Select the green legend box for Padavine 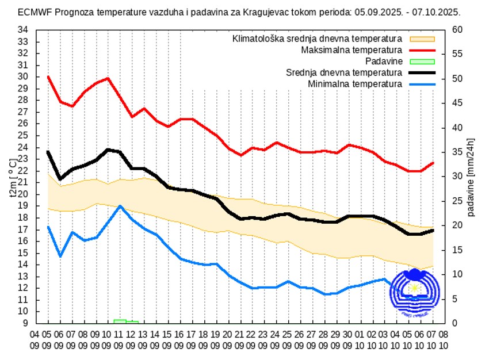(422, 62)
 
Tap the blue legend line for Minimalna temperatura (422, 84)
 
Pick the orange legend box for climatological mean (422, 39)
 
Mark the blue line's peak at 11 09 (120, 206)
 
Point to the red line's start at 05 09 (48, 76)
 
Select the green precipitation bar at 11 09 (120, 321)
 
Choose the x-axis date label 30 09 (347, 339)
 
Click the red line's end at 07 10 (433, 163)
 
